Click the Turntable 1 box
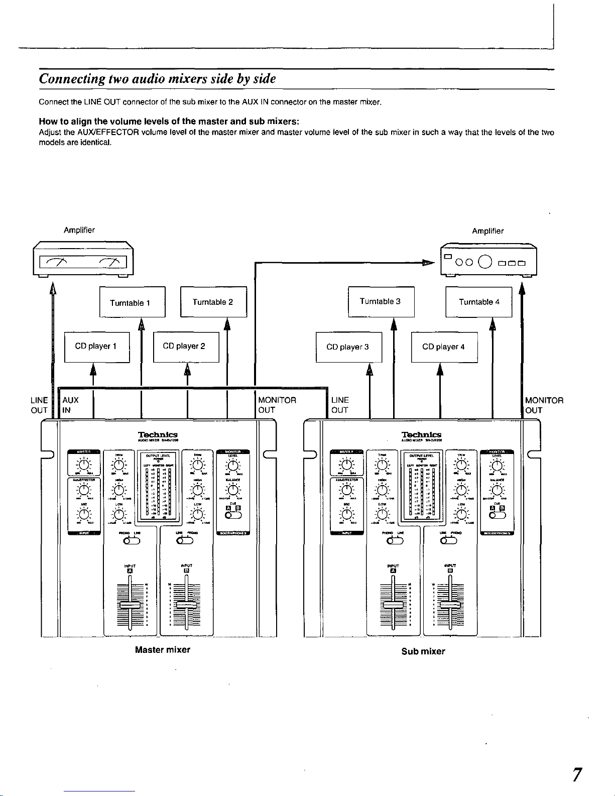point(132,302)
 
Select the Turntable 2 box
point(213,301)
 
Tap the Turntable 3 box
point(381,301)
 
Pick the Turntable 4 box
point(478,302)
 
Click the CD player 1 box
point(97,347)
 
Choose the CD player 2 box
point(186,347)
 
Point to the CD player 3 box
point(348,347)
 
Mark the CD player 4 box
point(444,347)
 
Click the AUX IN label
point(70,405)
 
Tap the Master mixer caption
point(163,649)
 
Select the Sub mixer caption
point(423,651)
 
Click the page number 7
point(577,774)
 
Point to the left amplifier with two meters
point(83,259)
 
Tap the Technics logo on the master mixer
point(158,434)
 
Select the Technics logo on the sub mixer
point(421,434)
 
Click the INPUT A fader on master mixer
point(130,606)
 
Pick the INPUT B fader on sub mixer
point(450,604)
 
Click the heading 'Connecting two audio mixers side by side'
point(158,79)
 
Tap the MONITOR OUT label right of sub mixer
point(544,405)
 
